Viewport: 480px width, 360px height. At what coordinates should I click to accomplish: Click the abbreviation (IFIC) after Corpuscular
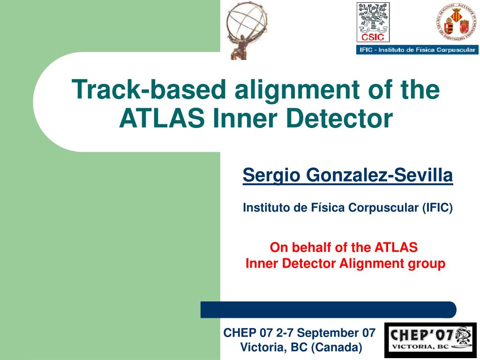pyautogui.click(x=437, y=207)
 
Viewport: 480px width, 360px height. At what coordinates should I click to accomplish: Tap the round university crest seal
pyautogui.click(x=455, y=22)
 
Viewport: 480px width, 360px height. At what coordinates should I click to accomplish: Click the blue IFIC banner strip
pyautogui.click(x=417, y=50)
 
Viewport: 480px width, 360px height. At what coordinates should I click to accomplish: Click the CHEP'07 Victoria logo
pyautogui.click(x=430, y=340)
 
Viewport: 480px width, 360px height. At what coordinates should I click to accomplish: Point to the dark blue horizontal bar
pyautogui.click(x=328, y=310)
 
